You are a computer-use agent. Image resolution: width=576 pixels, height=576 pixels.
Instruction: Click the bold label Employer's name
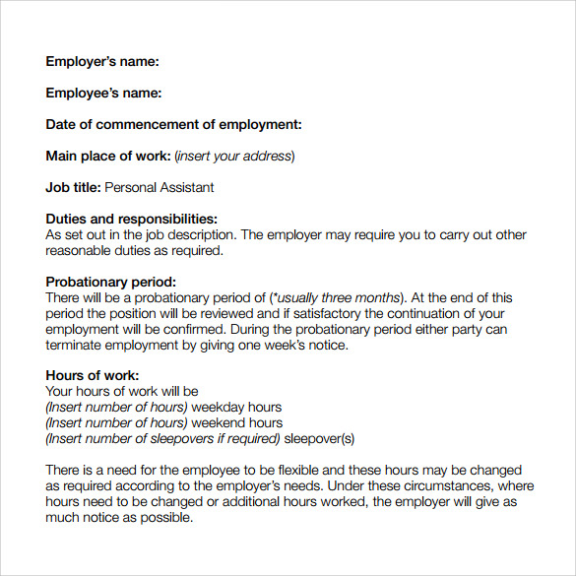[x=102, y=62]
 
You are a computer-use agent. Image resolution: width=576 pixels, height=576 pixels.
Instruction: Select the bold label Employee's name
[x=103, y=94]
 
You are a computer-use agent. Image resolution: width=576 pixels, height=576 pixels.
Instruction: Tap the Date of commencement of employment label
[x=173, y=125]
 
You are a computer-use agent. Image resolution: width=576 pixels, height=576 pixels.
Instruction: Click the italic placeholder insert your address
[x=234, y=157]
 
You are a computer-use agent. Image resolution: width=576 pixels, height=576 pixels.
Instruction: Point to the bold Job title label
[x=73, y=187]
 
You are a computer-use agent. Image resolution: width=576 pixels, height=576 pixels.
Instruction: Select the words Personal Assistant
[x=159, y=187]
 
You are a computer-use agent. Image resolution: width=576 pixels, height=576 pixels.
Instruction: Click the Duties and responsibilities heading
[x=131, y=219]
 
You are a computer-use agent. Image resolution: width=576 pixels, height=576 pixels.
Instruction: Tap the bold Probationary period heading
[x=111, y=282]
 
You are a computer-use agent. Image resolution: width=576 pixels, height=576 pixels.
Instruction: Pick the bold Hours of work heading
[x=93, y=375]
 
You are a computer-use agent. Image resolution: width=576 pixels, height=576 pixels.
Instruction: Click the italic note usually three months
[x=338, y=297]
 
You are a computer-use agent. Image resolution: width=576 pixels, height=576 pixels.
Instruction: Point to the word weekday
[x=220, y=408]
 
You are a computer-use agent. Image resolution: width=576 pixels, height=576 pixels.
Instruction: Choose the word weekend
[x=221, y=423]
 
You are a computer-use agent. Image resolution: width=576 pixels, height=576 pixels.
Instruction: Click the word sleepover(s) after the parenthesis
[x=320, y=439]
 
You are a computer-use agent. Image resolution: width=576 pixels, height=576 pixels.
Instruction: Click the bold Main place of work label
[x=108, y=157]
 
